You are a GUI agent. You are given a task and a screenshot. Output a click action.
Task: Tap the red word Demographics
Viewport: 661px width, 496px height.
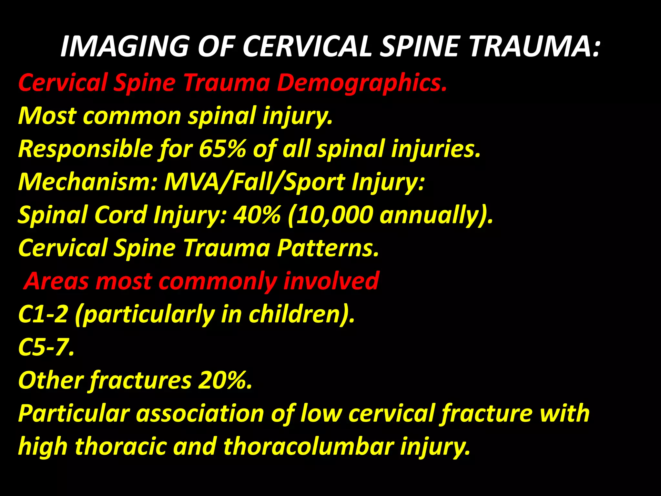tap(361, 83)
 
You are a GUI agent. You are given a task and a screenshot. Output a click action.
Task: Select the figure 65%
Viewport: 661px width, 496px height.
tap(222, 149)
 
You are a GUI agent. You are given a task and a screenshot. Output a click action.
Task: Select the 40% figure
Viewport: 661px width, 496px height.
tap(257, 215)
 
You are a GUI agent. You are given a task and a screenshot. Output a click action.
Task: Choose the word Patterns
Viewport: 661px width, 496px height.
tap(328, 248)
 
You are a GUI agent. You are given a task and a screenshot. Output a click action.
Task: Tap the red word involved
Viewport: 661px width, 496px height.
tap(331, 281)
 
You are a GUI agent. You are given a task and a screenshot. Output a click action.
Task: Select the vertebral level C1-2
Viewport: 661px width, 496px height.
tap(43, 314)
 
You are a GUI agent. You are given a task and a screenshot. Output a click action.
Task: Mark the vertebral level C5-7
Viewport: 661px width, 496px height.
tap(45, 347)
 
